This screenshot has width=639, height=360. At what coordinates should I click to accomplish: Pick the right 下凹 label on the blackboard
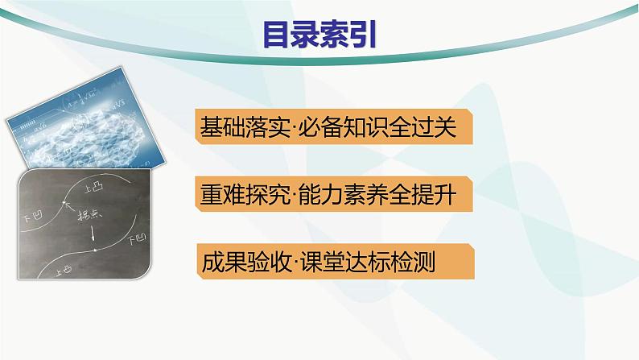(x=139, y=239)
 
